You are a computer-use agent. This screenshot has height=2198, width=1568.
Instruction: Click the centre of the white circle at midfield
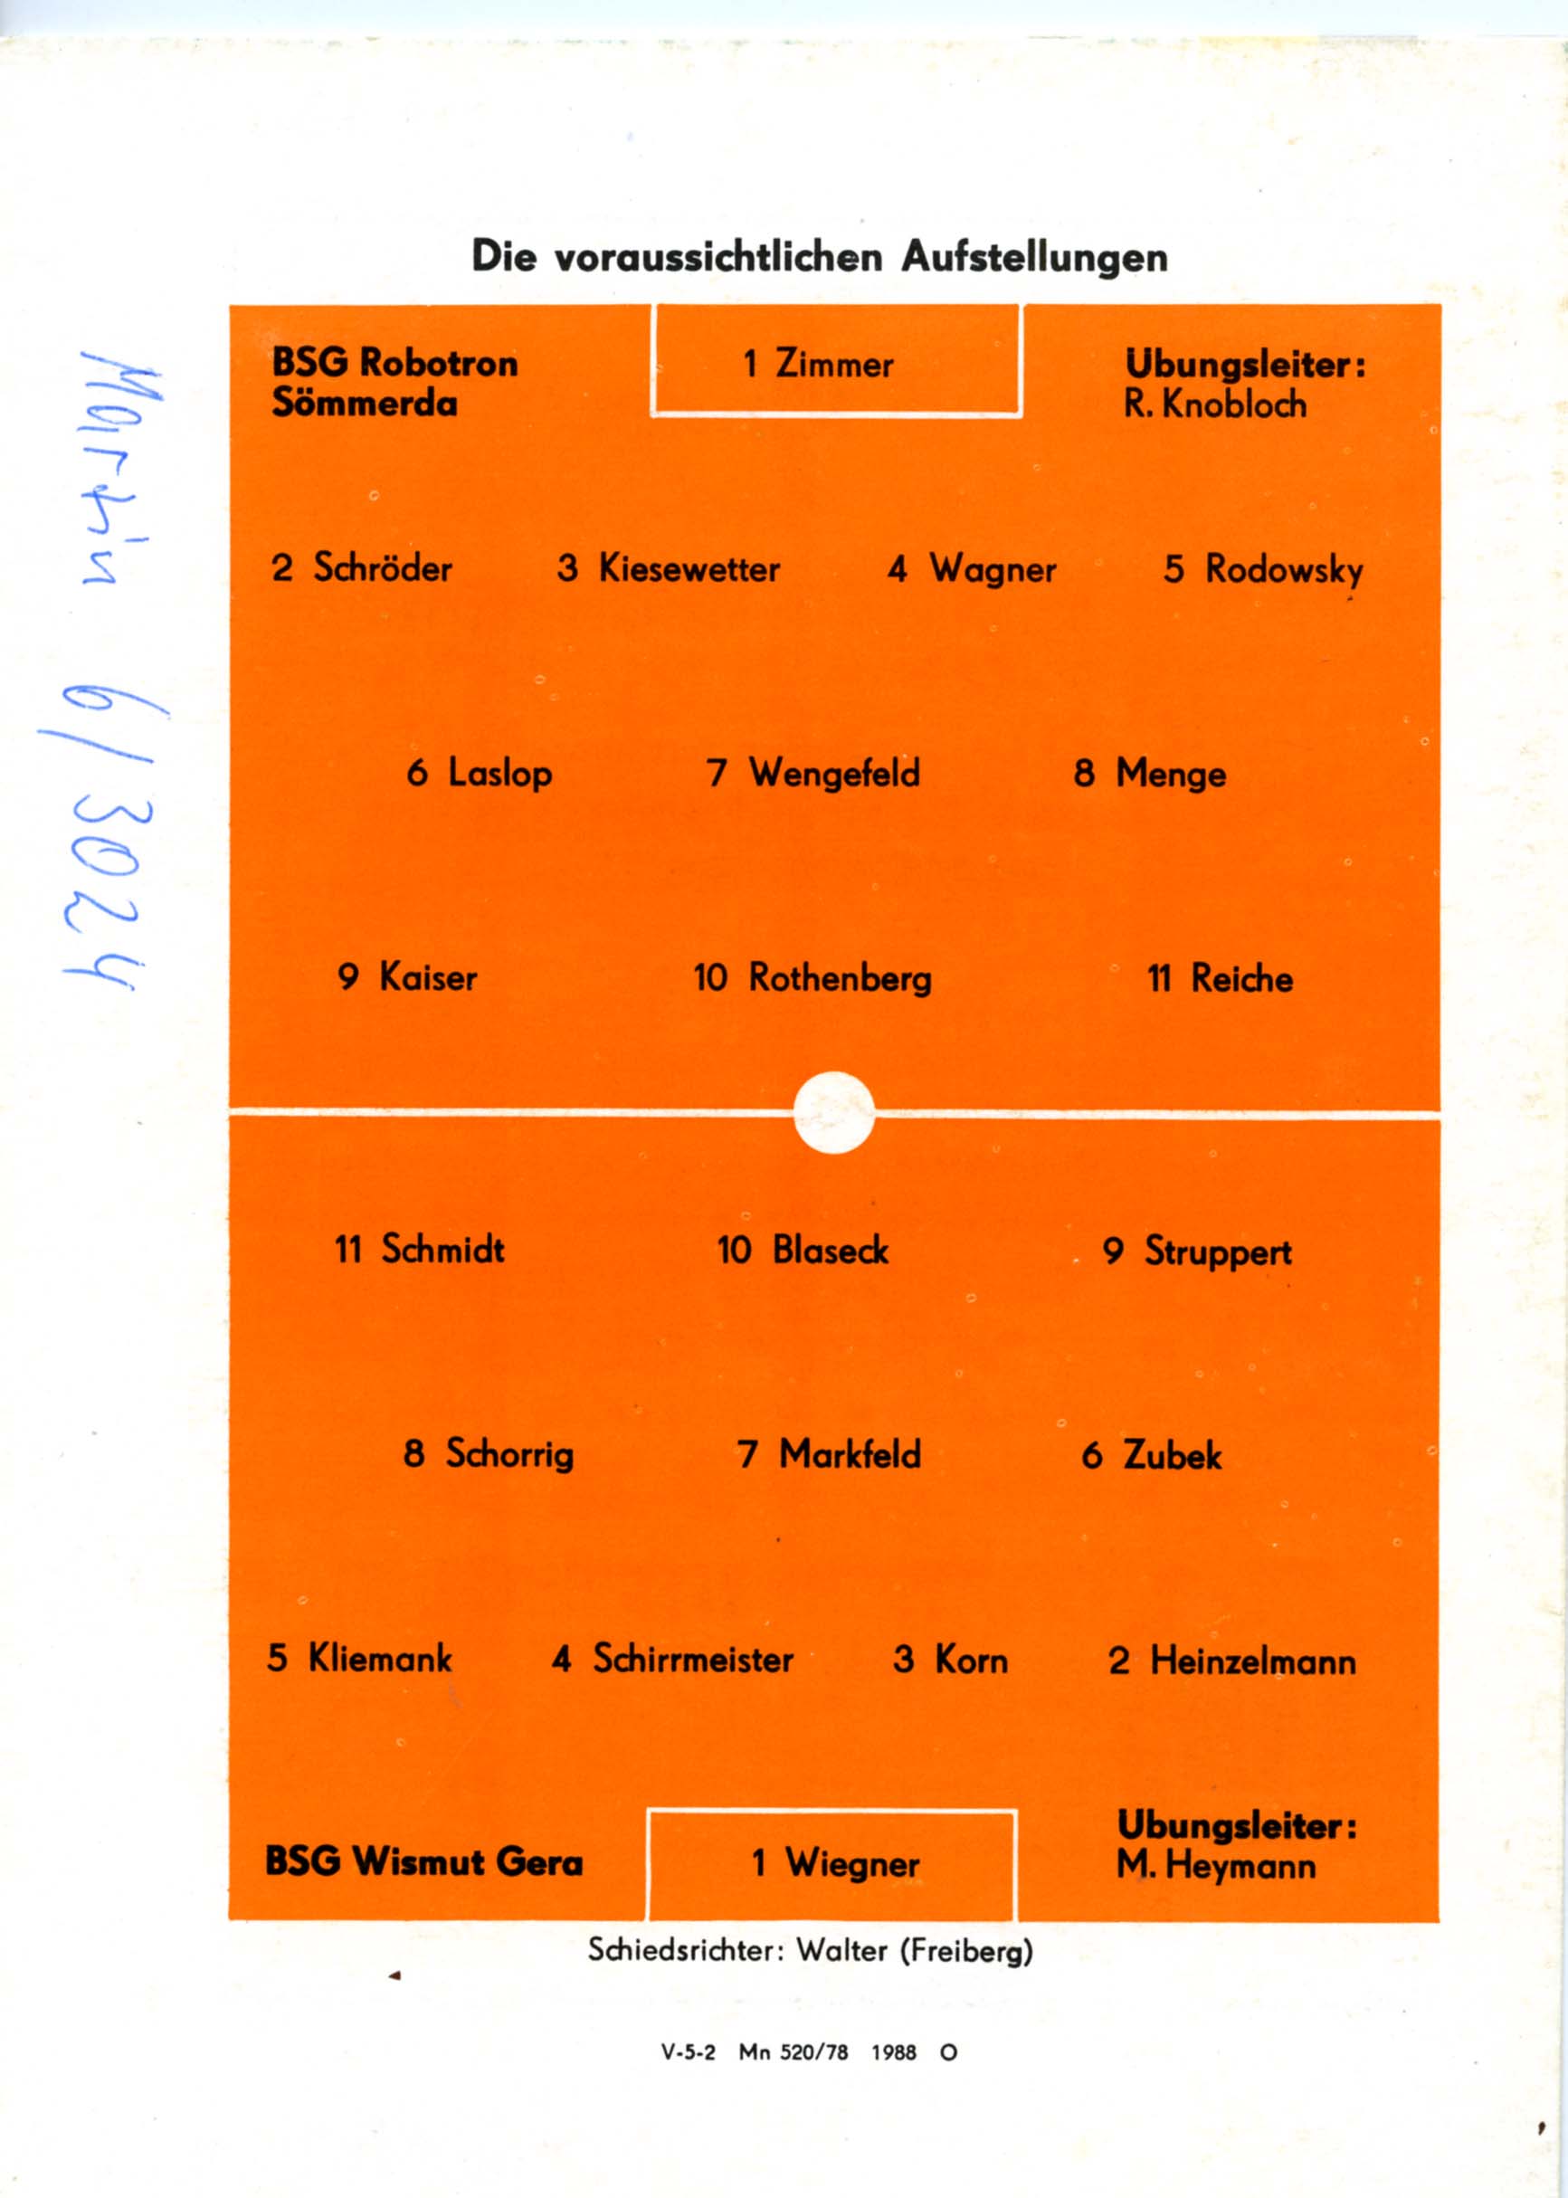[834, 1112]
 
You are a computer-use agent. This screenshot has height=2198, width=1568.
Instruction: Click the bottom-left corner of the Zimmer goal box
[652, 415]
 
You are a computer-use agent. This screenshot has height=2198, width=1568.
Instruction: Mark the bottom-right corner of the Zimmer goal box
[1021, 415]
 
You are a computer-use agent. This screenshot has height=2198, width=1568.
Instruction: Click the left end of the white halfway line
[230, 1112]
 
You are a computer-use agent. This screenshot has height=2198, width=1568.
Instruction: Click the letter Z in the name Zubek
[1135, 1454]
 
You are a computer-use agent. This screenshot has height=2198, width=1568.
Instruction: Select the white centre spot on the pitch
[834, 1112]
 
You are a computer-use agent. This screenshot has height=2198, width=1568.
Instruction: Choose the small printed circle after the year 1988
[948, 2052]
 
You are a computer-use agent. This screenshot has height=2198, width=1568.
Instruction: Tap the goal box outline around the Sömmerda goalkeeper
[836, 360]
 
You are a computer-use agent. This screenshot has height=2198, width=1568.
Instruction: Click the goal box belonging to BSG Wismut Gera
[832, 1865]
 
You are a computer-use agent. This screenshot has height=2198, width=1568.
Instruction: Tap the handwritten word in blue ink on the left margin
[120, 469]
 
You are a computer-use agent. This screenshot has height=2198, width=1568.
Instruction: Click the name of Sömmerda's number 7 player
[835, 774]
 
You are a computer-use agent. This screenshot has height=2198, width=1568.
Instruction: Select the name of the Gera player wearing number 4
[693, 1659]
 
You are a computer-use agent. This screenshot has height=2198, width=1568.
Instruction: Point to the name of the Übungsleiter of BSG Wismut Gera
[1216, 1866]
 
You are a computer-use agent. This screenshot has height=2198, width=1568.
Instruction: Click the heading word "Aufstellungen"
[1034, 257]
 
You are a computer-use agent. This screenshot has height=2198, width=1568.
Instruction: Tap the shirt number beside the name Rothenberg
[709, 978]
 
